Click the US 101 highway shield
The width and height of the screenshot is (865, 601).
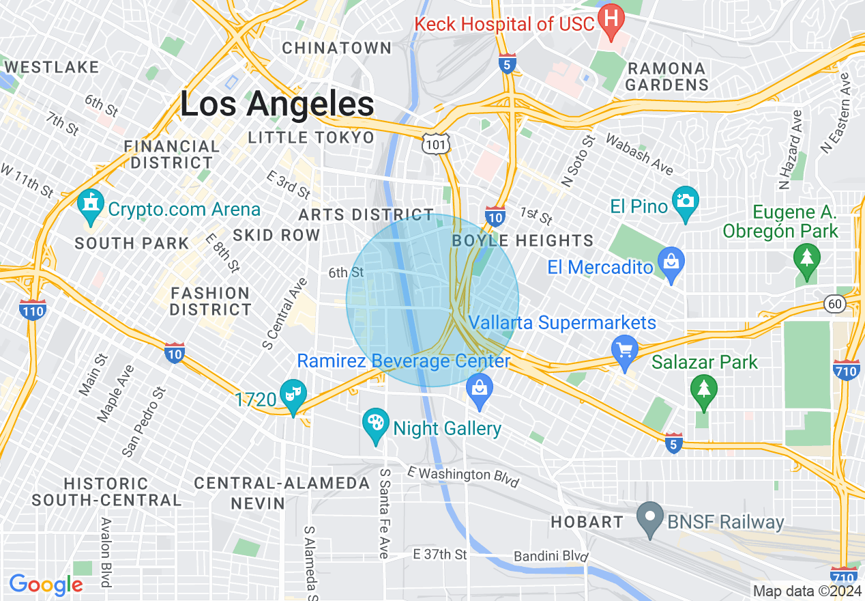tap(434, 143)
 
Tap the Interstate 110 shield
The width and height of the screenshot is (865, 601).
tap(32, 309)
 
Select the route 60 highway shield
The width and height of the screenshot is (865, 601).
tap(834, 303)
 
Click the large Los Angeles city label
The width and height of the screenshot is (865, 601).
tap(277, 104)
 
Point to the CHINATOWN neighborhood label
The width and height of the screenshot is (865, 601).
tap(337, 48)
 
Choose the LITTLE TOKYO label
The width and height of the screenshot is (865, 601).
tap(311, 137)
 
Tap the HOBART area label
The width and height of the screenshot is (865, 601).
tap(587, 522)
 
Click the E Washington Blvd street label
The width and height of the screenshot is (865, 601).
tap(463, 476)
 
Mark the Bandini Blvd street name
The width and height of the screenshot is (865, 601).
tap(550, 557)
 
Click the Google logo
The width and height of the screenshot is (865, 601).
tap(46, 585)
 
